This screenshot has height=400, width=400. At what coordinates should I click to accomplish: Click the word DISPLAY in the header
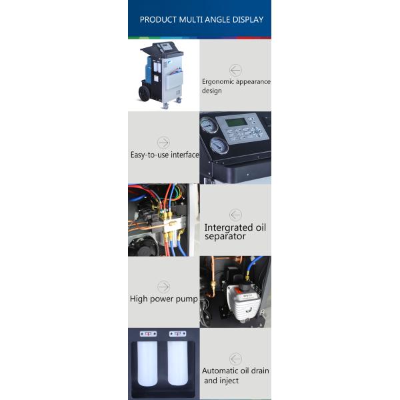(245, 19)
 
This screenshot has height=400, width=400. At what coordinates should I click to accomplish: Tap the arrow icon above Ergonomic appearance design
(235, 70)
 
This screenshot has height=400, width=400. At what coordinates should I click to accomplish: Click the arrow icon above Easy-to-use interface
(163, 143)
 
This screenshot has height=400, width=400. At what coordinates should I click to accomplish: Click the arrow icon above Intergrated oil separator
(235, 215)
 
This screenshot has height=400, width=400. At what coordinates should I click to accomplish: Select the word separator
(225, 236)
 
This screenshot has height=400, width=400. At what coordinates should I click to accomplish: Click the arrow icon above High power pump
(163, 287)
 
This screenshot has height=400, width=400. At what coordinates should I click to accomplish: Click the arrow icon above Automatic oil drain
(235, 359)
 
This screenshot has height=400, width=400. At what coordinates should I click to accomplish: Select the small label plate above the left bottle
(148, 333)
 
